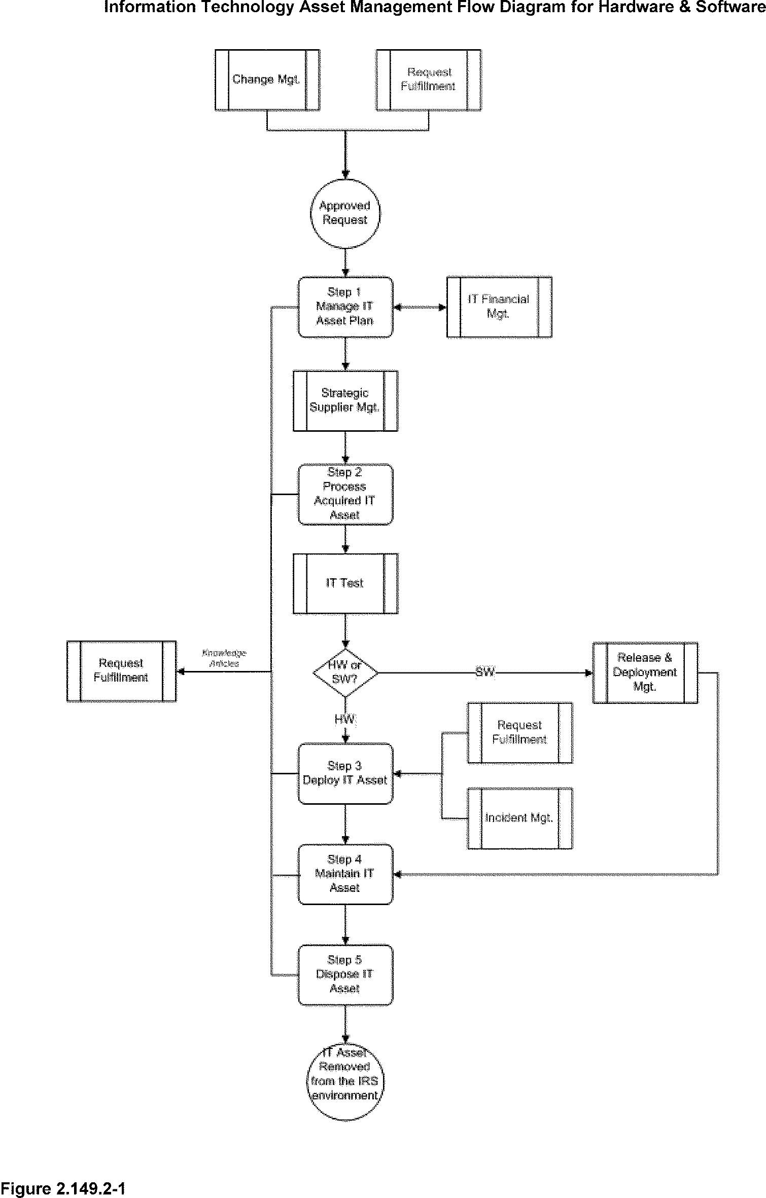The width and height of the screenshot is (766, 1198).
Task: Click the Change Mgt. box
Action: (x=267, y=80)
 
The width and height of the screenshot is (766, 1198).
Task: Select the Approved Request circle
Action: (x=345, y=213)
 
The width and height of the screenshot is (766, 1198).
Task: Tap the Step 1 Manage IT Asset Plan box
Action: (x=345, y=307)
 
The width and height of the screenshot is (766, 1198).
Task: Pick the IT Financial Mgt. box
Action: (x=499, y=307)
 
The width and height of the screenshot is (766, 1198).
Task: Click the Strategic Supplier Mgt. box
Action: (x=345, y=400)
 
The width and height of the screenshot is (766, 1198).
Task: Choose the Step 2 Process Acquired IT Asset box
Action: (x=345, y=494)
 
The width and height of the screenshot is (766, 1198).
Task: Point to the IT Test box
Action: (x=345, y=583)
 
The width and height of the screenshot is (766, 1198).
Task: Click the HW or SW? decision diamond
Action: (x=345, y=672)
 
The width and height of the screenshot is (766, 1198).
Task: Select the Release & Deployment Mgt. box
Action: (x=645, y=672)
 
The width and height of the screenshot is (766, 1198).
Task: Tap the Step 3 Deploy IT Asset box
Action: (x=345, y=773)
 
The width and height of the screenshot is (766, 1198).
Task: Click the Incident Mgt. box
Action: (x=519, y=818)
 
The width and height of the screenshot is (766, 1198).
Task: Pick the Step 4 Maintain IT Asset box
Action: (x=345, y=874)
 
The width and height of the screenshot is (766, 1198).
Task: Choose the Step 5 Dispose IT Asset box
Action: (x=345, y=975)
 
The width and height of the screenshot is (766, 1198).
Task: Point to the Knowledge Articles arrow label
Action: (x=224, y=658)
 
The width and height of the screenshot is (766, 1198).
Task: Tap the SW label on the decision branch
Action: (x=484, y=672)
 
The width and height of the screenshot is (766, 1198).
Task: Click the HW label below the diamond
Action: (x=345, y=719)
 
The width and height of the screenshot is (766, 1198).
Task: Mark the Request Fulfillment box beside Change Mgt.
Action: (x=429, y=80)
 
